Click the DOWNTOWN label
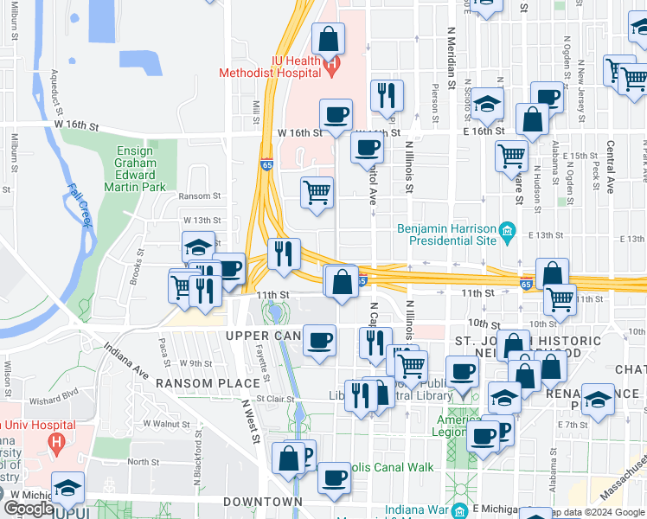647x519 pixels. click(x=263, y=502)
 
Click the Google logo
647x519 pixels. click(x=29, y=509)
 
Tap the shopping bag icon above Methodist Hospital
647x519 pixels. click(x=329, y=38)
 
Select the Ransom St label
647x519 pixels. click(x=208, y=195)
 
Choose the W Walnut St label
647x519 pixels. click(x=165, y=424)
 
